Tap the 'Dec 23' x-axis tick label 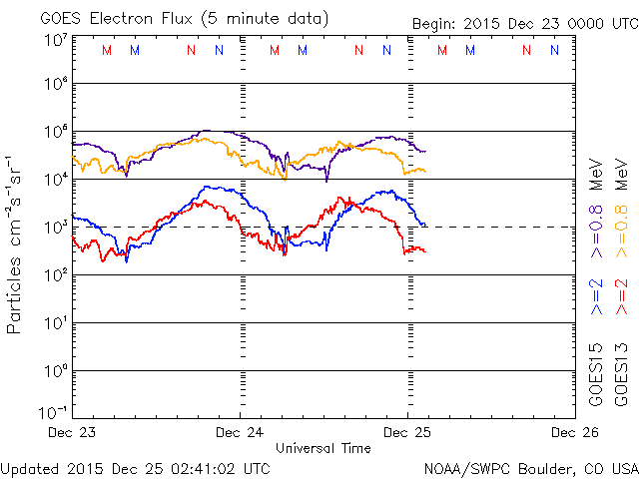(73, 432)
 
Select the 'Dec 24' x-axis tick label (240, 432)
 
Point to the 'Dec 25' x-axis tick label (406, 432)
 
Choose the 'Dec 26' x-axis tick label (566, 432)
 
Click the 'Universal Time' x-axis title (323, 448)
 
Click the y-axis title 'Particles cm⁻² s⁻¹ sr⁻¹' (16, 242)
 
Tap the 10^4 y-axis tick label (55, 179)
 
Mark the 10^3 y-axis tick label (55, 227)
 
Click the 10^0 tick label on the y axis (55, 370)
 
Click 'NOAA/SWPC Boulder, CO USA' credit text (529, 468)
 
